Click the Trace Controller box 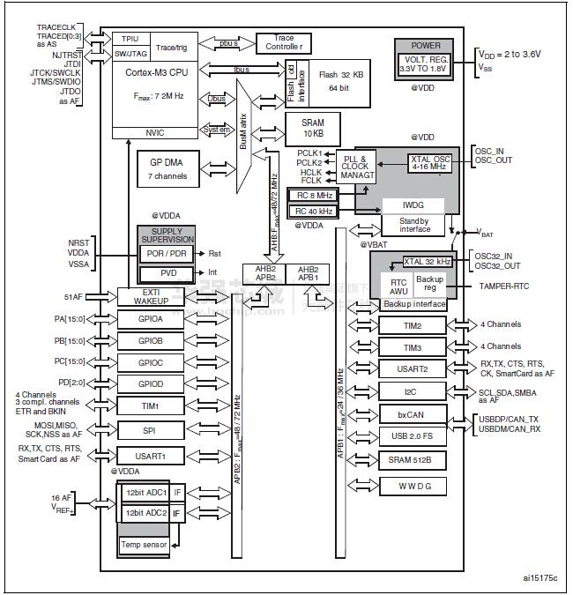coord(290,42)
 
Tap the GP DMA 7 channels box coord(167,167)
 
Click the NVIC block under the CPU coord(155,133)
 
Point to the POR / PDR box coord(167,253)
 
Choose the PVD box coord(167,273)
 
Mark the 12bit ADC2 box coord(145,512)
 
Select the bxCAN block coord(412,413)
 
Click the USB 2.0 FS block coord(412,435)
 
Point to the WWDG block coord(412,485)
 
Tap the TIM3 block coord(412,347)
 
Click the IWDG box coord(416,204)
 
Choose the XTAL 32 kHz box coord(427,262)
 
